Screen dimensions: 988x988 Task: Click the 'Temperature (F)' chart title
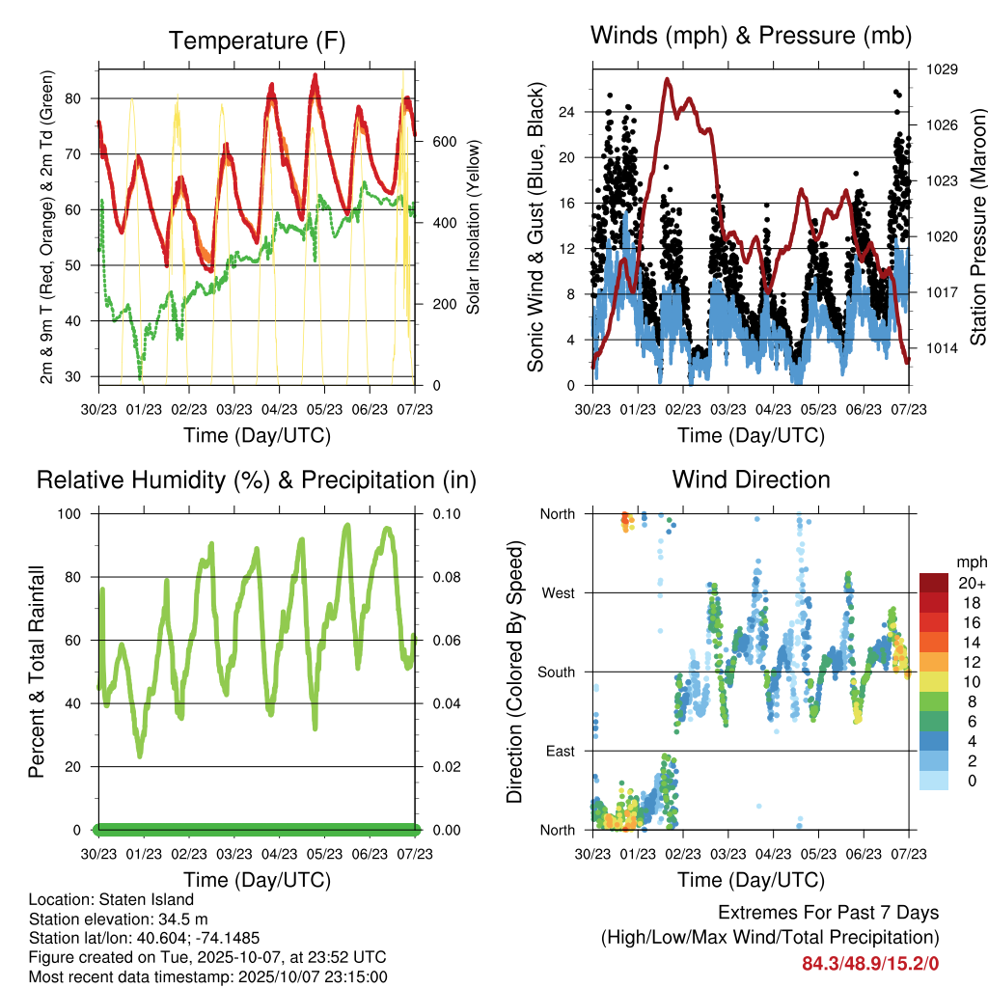(257, 41)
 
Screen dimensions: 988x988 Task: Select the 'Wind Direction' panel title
(751, 480)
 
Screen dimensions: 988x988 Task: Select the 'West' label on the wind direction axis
(558, 593)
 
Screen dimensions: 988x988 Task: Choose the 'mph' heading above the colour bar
(970, 562)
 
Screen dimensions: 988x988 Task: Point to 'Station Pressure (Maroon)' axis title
(977, 227)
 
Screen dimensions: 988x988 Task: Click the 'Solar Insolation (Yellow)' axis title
(474, 227)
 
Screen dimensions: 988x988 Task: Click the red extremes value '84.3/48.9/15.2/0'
(870, 962)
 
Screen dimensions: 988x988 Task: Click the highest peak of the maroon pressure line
(667, 80)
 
